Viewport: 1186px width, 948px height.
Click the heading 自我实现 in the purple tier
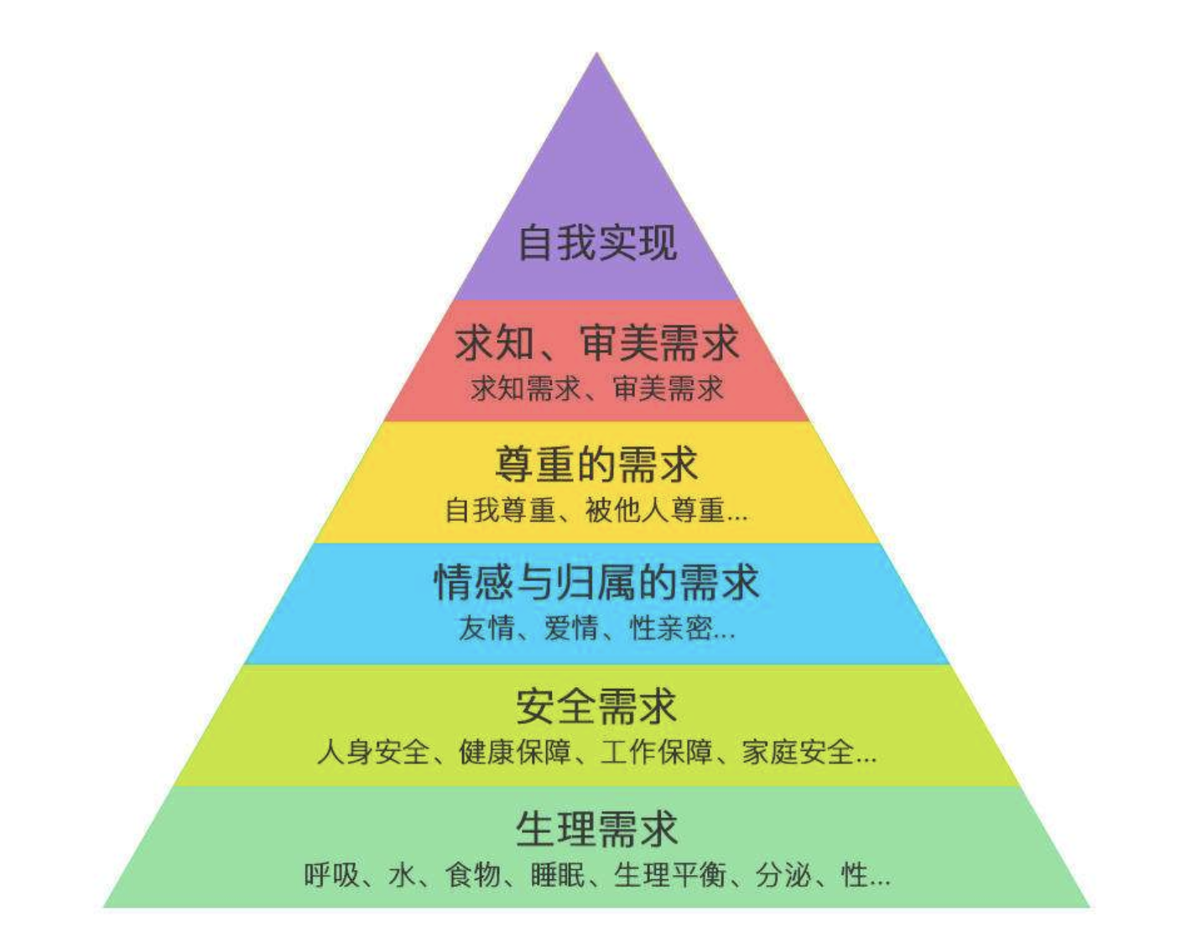597,243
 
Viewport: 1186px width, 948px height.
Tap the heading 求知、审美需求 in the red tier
597,343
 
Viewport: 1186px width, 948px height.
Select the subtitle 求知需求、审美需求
597,388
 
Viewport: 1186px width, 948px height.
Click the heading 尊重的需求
597,464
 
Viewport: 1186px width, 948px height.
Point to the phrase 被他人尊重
655,510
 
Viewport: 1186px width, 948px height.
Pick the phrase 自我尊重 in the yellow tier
500,510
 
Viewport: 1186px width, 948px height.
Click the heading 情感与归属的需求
597,582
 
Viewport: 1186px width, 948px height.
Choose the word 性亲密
670,628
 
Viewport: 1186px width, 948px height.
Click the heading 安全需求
597,706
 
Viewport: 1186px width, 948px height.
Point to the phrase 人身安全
373,752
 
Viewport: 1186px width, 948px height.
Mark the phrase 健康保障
514,752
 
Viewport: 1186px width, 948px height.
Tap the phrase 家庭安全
798,752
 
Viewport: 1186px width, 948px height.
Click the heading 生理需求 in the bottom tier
597,828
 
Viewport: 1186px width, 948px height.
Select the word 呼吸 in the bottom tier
332,875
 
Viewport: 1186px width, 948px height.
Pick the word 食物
473,875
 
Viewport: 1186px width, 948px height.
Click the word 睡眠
558,875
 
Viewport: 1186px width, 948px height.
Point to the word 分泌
783,875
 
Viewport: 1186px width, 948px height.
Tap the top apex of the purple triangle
597,53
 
